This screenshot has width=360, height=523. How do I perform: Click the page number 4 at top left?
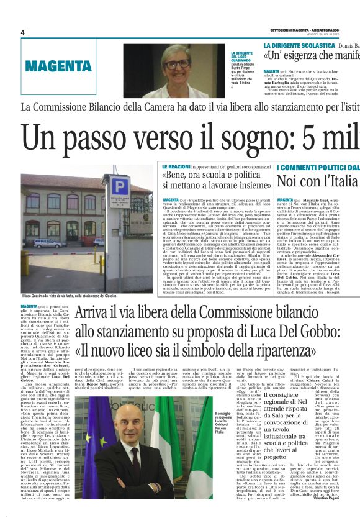coord(22,32)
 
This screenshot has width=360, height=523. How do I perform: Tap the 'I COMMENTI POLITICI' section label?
coord(317,168)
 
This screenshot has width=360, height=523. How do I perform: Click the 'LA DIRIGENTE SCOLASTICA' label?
coord(299,46)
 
